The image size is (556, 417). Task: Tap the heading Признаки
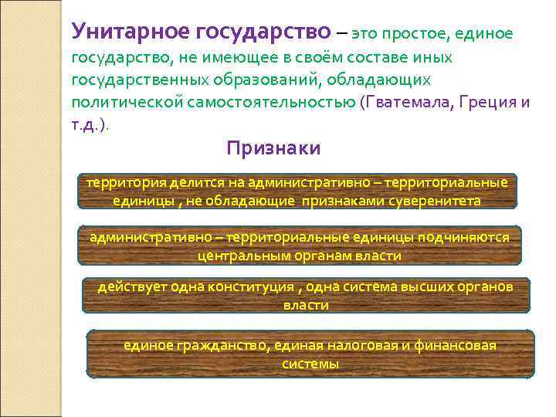(x=273, y=148)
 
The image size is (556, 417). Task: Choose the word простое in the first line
(x=419, y=34)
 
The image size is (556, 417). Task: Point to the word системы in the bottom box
(x=310, y=364)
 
